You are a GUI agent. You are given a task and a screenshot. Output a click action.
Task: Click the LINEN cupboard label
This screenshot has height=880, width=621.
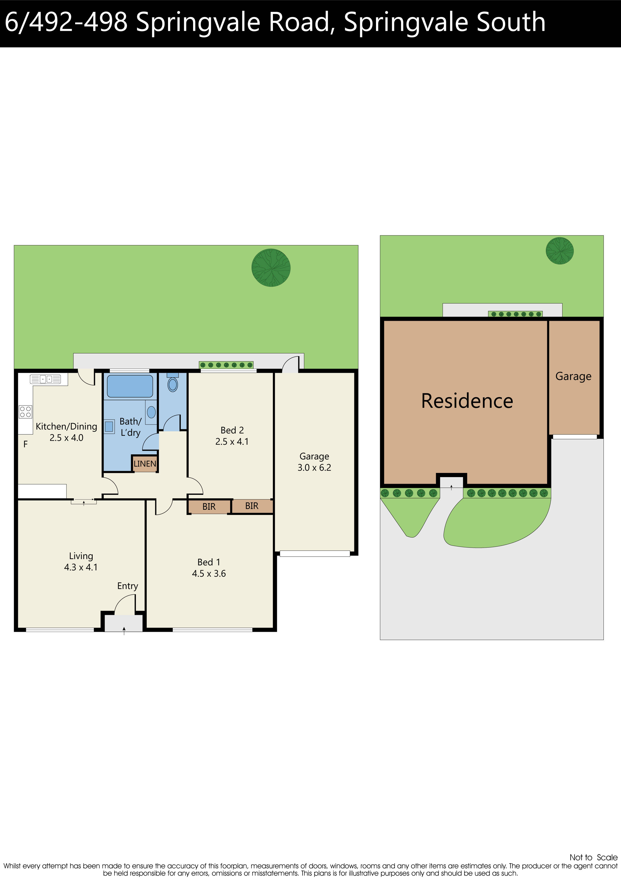(x=145, y=464)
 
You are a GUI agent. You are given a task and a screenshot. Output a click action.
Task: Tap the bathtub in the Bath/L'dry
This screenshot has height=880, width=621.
(x=130, y=386)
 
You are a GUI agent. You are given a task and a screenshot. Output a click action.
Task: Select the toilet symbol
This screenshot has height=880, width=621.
(x=173, y=384)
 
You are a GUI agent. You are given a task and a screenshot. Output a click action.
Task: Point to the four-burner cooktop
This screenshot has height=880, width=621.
(x=26, y=412)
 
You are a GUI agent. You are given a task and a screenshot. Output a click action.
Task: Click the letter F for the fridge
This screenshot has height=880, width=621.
(x=25, y=444)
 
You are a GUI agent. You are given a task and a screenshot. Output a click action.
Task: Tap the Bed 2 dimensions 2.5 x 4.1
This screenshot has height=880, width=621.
(x=232, y=442)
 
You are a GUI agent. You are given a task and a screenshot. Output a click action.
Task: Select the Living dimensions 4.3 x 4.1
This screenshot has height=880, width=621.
(x=81, y=567)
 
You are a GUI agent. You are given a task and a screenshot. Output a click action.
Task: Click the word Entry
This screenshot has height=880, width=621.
(x=128, y=586)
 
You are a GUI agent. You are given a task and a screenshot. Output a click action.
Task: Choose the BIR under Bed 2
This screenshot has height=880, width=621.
(x=252, y=506)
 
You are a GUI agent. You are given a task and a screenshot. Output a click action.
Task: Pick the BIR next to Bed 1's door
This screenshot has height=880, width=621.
(x=209, y=507)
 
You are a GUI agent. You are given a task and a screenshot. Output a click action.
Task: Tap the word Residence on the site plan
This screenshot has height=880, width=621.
(x=467, y=401)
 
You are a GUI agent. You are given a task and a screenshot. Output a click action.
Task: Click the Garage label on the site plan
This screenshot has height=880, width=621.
(x=573, y=376)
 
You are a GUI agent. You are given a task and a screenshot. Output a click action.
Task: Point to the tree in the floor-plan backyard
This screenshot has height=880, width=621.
(x=271, y=268)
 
